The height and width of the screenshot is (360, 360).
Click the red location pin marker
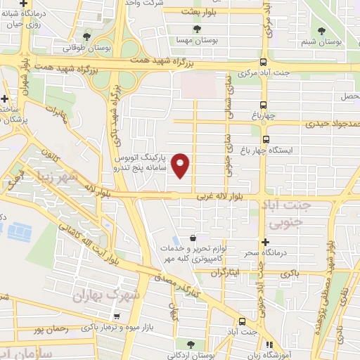tap(181, 165)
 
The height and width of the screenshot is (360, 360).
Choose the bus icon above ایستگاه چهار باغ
tap(265, 139)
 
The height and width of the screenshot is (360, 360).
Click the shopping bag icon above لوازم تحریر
tap(193, 239)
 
